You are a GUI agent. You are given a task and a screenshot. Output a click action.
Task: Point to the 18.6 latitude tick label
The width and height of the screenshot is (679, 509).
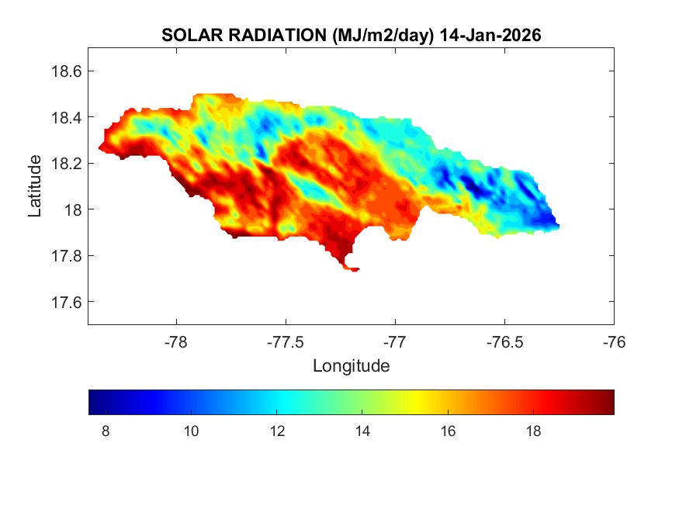tap(66, 71)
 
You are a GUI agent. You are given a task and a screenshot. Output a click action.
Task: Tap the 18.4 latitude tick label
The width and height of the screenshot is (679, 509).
tap(66, 117)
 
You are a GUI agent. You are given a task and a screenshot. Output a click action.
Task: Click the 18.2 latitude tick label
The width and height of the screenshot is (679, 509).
tap(66, 164)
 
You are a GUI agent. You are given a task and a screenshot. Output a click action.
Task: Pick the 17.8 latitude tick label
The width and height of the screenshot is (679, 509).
tap(66, 256)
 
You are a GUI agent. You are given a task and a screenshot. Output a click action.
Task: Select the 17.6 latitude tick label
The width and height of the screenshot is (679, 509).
tap(66, 302)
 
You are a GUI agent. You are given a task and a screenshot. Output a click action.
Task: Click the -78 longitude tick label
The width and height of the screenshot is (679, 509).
tap(176, 341)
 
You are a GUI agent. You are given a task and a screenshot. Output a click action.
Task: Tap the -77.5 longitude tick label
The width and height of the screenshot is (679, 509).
tap(286, 341)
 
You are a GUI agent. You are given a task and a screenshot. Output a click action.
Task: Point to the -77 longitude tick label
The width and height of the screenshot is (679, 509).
tap(395, 341)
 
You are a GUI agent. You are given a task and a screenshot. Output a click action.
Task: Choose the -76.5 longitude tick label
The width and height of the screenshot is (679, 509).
tap(504, 341)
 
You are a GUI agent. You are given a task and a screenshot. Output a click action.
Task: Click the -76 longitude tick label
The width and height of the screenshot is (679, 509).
tap(614, 341)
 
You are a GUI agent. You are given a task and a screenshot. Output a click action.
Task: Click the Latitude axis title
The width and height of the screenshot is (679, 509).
tap(35, 186)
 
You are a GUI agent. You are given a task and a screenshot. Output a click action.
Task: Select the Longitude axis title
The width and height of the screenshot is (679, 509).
tap(351, 365)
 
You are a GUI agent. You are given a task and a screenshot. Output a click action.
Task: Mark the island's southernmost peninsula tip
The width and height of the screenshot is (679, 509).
tap(354, 270)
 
